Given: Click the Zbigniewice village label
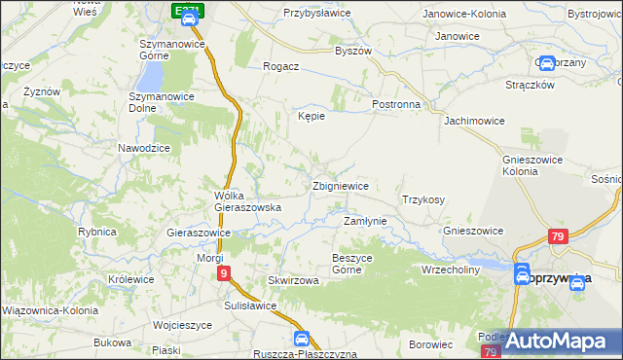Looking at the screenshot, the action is pyautogui.click(x=340, y=186).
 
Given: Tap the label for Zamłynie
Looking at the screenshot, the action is pyautogui.click(x=365, y=221).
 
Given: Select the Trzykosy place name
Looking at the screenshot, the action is pyautogui.click(x=423, y=199).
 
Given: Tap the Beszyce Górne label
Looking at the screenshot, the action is pyautogui.click(x=353, y=264).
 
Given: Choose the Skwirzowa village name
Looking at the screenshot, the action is pyautogui.click(x=294, y=280).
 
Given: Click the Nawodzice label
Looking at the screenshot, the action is pyautogui.click(x=144, y=147).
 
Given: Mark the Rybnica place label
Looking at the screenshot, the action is pyautogui.click(x=97, y=232).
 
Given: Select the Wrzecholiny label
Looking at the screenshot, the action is pyautogui.click(x=451, y=270).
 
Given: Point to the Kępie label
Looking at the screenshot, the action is pyautogui.click(x=311, y=116).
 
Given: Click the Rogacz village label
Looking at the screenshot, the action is pyautogui.click(x=280, y=67).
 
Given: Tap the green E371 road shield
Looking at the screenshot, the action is pyautogui.click(x=190, y=10).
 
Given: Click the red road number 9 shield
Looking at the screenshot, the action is pyautogui.click(x=224, y=274).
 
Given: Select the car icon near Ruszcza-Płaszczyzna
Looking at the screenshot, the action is pyautogui.click(x=302, y=339).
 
